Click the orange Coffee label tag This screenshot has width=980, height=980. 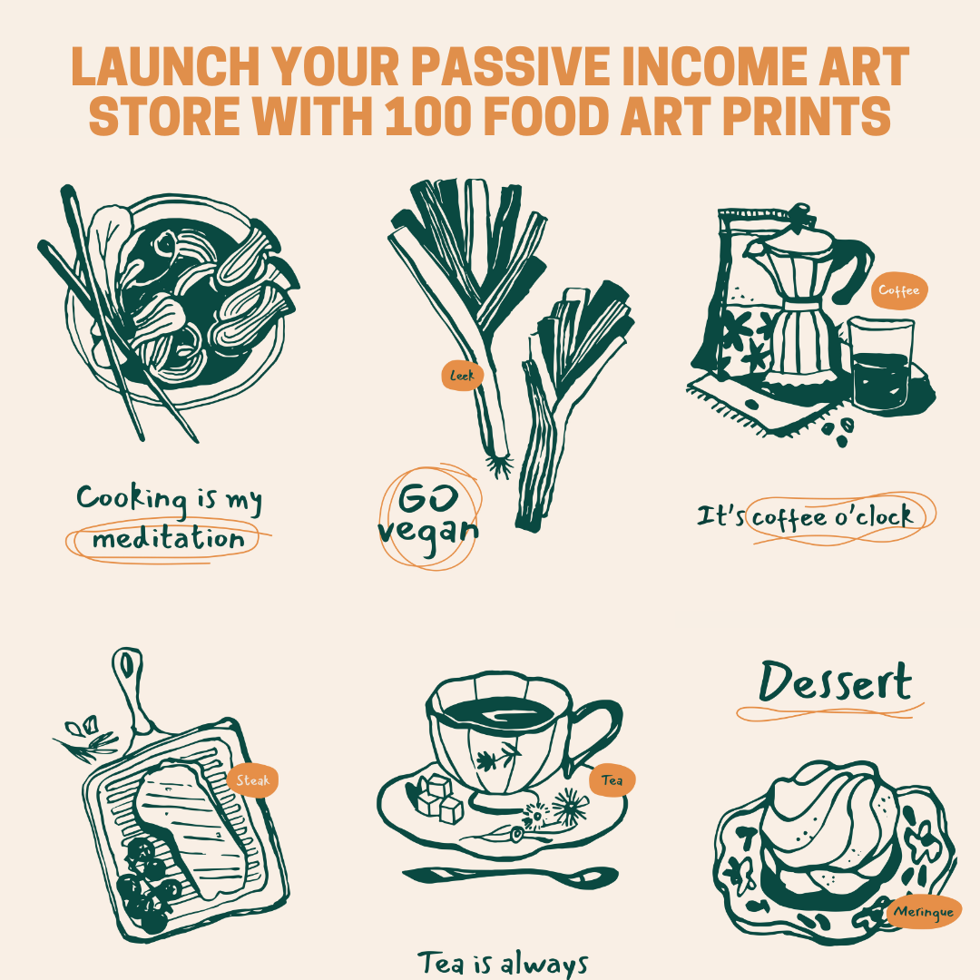[x=899, y=291]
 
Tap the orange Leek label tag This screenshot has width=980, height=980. [x=462, y=375]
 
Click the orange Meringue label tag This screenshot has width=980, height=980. [x=923, y=912]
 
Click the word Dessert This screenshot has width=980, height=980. [x=834, y=683]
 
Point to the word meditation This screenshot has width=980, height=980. [x=169, y=540]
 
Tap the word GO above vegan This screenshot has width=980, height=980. [x=425, y=498]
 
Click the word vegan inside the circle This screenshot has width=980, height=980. [x=428, y=530]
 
